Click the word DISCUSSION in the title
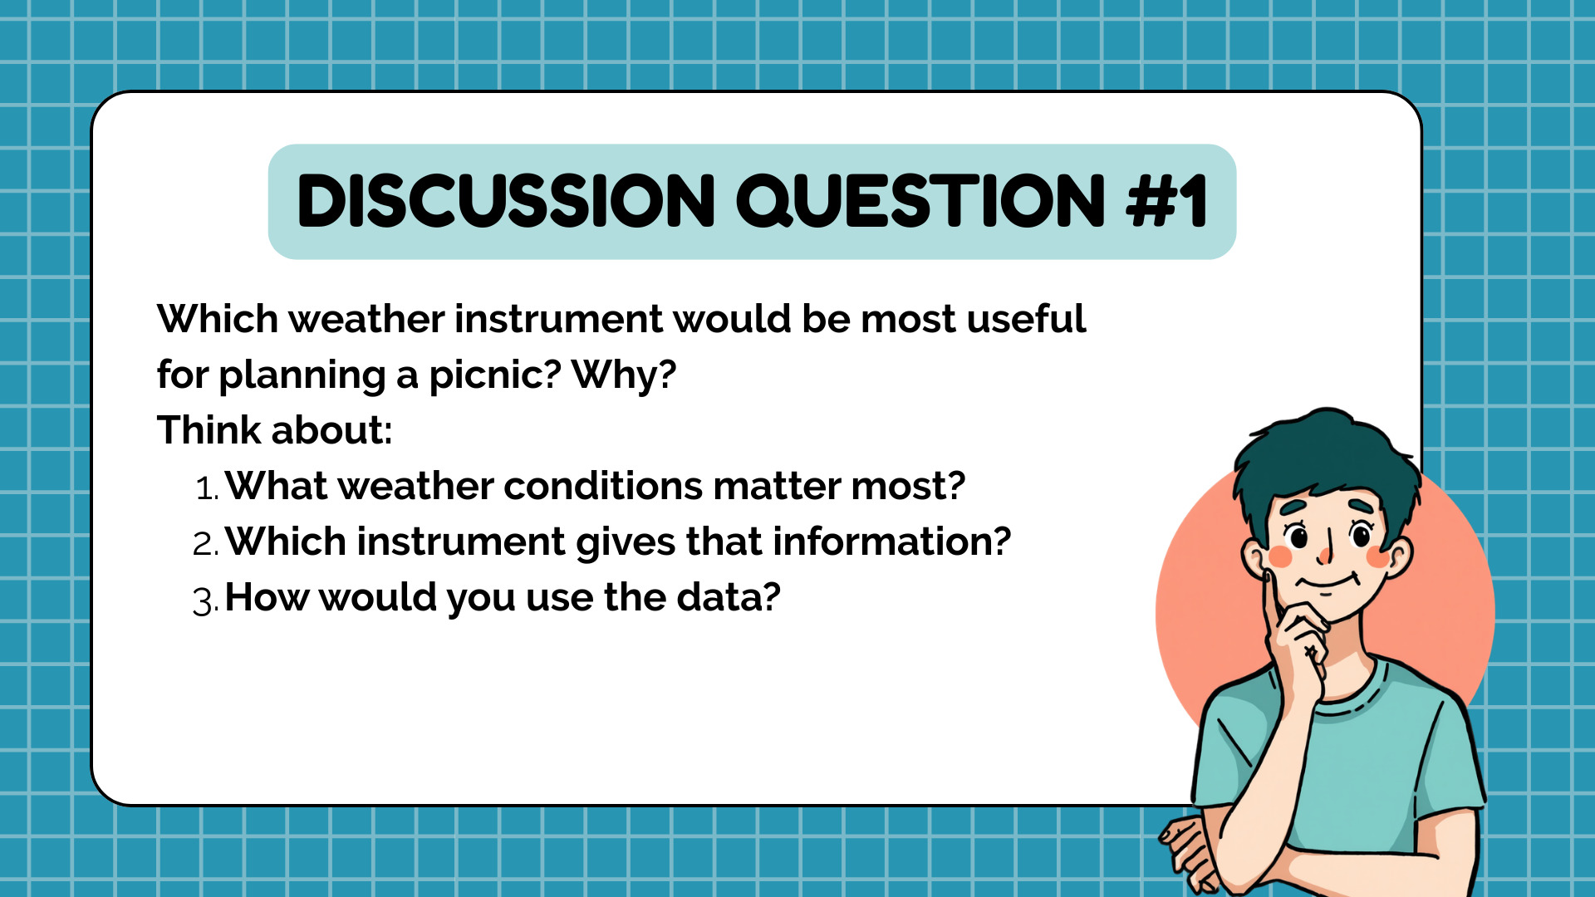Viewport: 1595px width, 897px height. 506,201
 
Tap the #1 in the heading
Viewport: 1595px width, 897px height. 1167,201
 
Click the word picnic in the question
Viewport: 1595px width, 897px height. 495,375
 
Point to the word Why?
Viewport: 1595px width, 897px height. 625,375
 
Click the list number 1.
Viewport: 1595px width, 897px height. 207,488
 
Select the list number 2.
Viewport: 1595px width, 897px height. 205,544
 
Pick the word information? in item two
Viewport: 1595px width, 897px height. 892,542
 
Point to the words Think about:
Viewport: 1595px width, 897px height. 274,430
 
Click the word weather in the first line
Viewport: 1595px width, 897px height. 366,320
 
